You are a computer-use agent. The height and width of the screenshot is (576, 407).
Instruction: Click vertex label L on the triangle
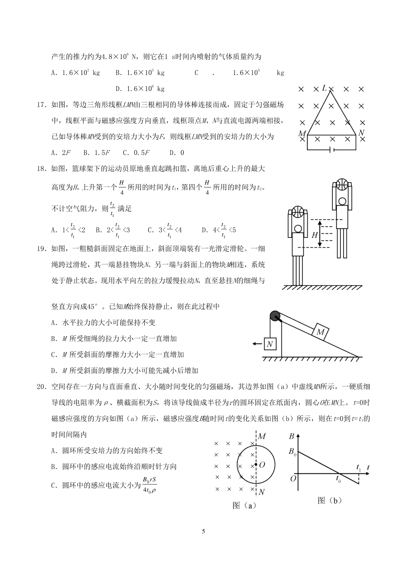(324, 88)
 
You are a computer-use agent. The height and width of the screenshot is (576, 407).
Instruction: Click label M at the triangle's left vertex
(302, 133)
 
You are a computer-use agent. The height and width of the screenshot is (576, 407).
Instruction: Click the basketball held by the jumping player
(342, 185)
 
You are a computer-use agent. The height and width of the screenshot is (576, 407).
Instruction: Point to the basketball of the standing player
(298, 212)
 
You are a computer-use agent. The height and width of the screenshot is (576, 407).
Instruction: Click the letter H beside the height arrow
(314, 235)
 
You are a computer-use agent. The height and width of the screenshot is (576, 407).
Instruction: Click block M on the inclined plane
(320, 332)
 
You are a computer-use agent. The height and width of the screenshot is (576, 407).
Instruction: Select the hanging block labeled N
(270, 344)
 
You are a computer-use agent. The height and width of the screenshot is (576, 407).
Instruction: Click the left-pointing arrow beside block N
(257, 344)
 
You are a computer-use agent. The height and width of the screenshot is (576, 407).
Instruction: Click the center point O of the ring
(256, 465)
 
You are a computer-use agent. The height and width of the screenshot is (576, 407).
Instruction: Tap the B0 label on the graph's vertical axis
(292, 452)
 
